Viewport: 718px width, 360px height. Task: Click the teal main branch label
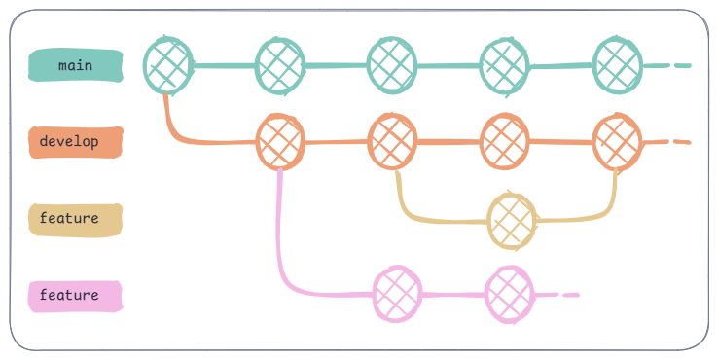tap(76, 65)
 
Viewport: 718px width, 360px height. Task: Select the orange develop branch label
tap(76, 141)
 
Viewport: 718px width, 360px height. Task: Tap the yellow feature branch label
tap(76, 219)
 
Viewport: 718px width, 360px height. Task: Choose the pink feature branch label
tap(76, 295)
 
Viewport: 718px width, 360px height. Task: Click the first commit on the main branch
tap(167, 64)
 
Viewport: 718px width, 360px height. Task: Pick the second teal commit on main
tap(279, 64)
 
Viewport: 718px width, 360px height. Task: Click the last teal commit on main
tap(618, 64)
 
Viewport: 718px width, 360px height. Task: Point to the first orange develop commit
tap(280, 142)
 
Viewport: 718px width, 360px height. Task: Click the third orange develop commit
tap(506, 142)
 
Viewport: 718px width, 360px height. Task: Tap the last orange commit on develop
tap(618, 142)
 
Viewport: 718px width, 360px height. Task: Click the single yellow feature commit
tap(512, 220)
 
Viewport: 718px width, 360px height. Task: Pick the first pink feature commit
tap(397, 294)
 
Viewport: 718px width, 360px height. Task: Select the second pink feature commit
tap(510, 294)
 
